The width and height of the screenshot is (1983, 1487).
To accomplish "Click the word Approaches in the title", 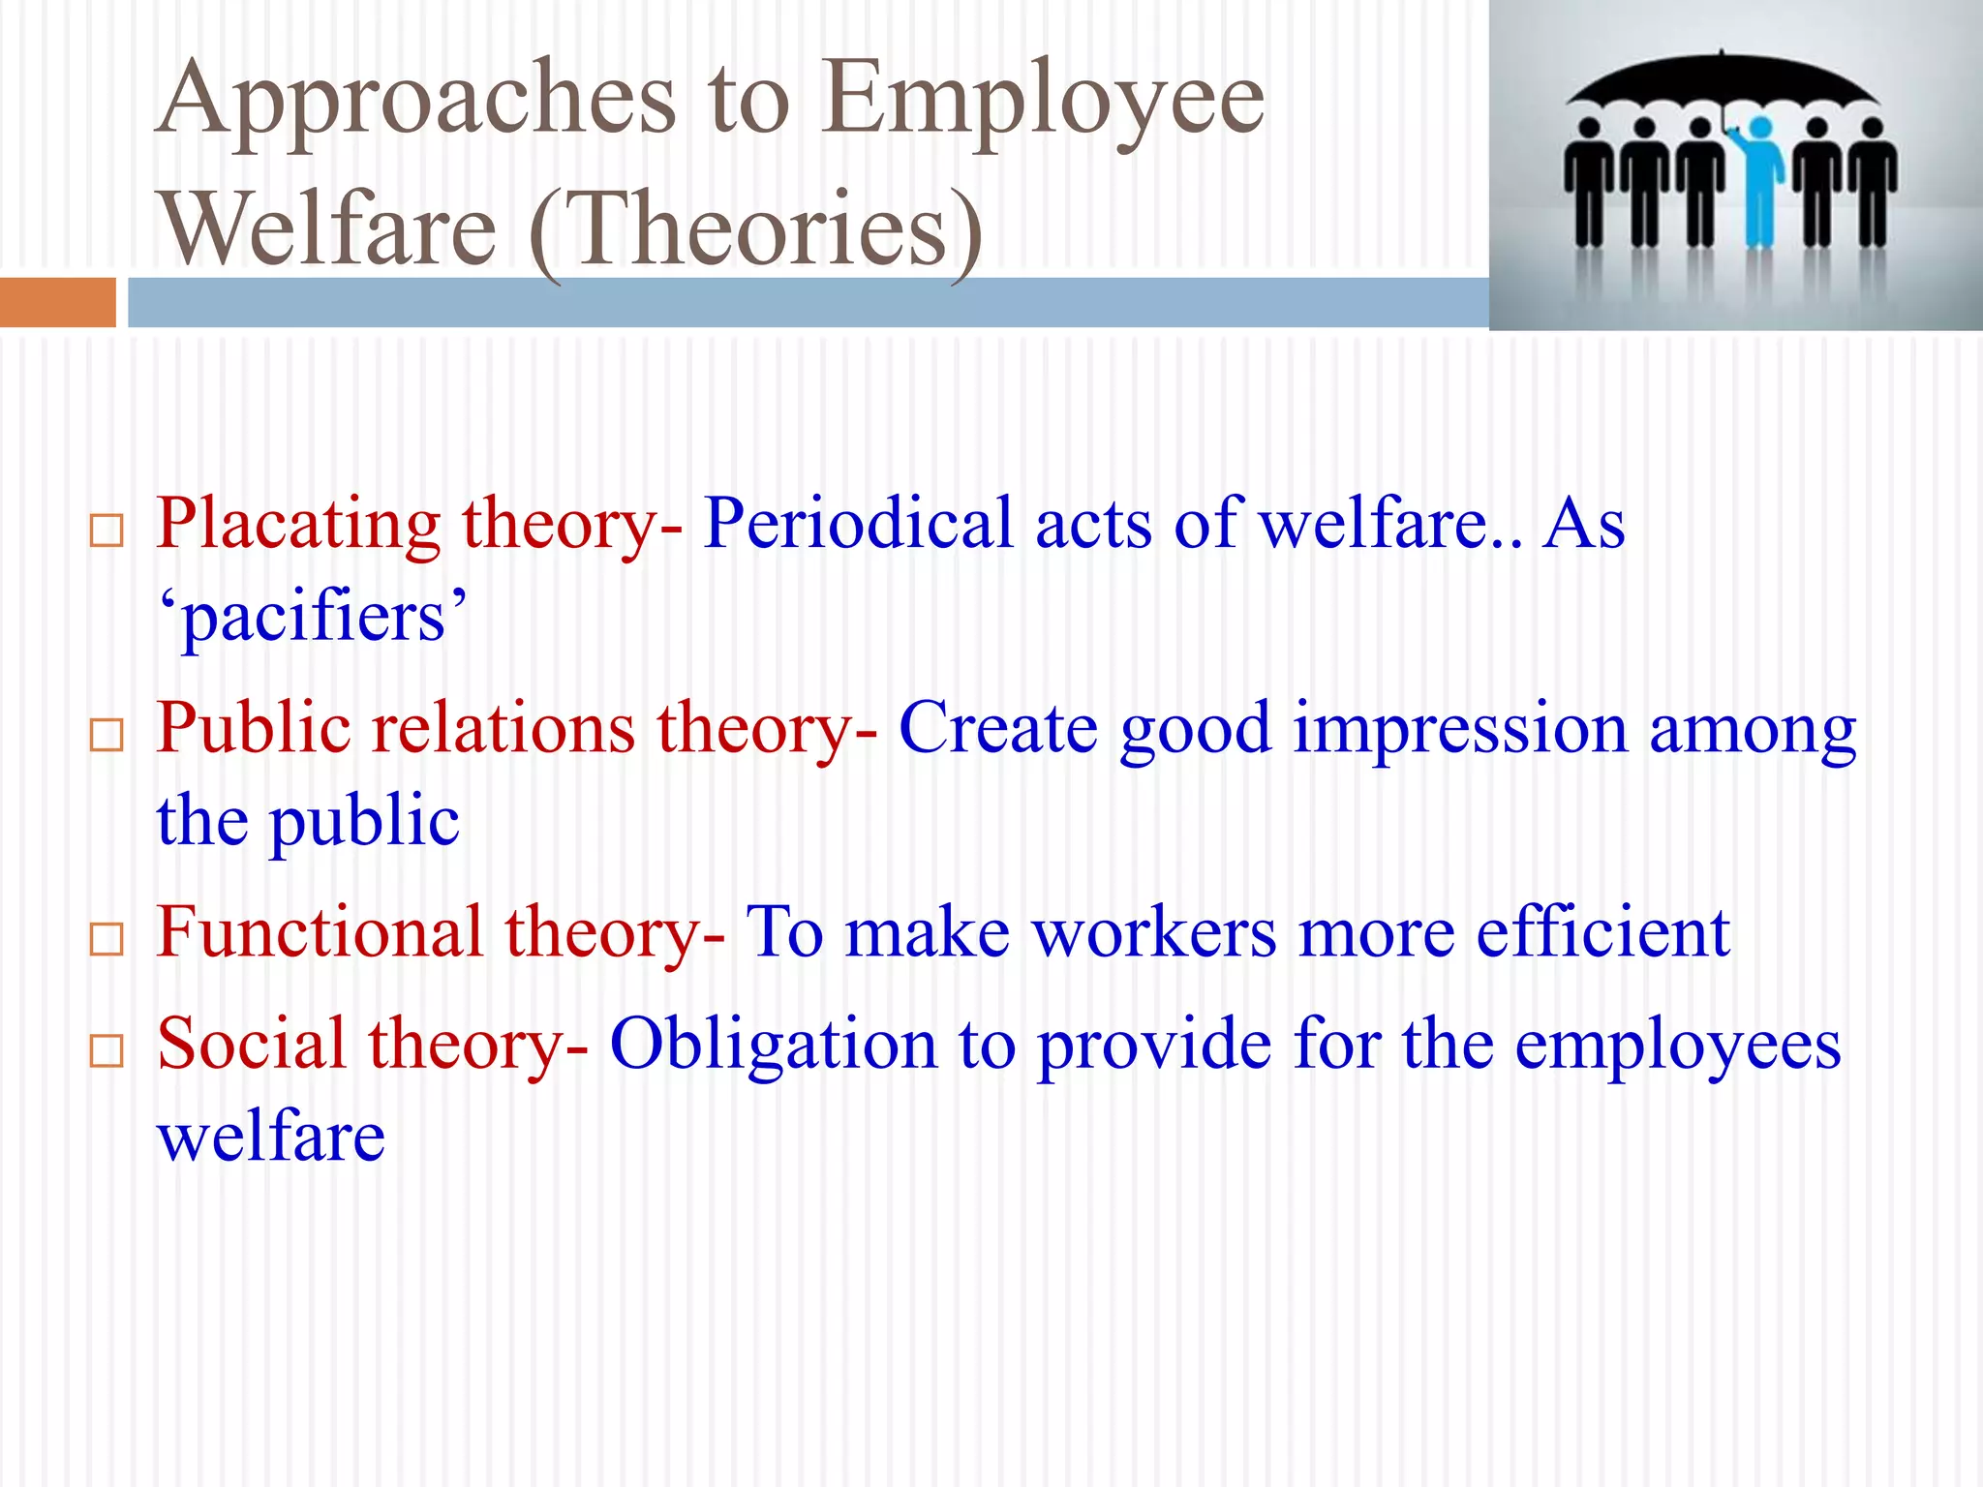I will [416, 102].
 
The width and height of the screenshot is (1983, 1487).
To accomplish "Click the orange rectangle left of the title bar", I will [57, 302].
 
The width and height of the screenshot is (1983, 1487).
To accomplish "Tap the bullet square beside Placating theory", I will [107, 531].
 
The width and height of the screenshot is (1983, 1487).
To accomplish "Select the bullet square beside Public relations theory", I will [107, 735].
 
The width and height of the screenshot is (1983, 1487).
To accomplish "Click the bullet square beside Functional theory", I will [107, 939].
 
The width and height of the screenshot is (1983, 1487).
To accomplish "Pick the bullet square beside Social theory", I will [107, 1050].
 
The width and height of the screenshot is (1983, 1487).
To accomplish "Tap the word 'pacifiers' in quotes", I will [313, 617].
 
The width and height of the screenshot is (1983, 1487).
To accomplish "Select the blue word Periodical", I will [858, 524].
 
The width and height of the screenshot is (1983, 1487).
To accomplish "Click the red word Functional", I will [320, 932].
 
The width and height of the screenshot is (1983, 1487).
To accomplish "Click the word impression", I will [1460, 729].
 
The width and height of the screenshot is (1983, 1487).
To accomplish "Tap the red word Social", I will [251, 1044].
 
